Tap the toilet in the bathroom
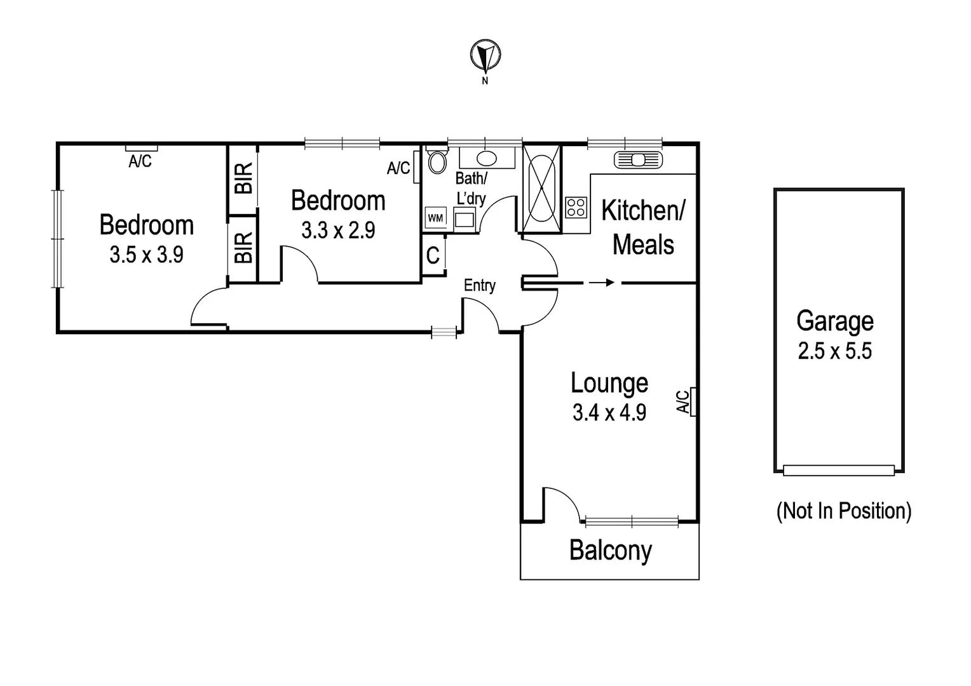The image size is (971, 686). coord(437,161)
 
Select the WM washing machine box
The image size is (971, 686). coord(435,218)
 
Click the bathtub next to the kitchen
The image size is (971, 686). coord(541,189)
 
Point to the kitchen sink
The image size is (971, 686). coord(638,159)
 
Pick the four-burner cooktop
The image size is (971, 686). coord(576,207)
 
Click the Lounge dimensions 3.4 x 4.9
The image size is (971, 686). coord(609,413)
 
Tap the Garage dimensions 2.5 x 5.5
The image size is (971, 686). coord(834,351)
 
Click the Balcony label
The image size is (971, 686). coord(610,550)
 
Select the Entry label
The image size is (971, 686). coord(479,285)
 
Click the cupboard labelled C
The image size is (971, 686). coord(433,255)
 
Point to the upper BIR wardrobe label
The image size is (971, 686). coord(243,178)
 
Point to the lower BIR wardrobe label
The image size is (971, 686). coord(243,248)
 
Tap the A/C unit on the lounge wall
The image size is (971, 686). coord(693,401)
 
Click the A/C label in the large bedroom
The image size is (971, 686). coord(140,161)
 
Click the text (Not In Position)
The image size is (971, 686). coord(843,511)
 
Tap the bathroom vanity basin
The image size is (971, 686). coord(487,158)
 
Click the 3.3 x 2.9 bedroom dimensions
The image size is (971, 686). coord(338,230)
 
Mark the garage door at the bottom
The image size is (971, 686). coord(838,470)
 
